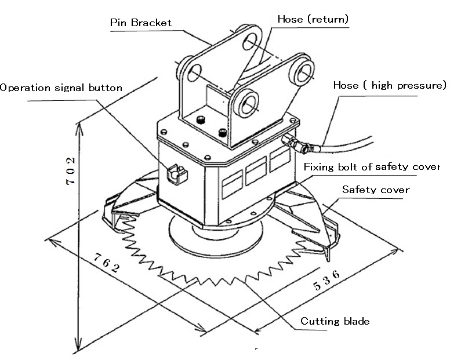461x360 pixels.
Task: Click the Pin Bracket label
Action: pos(140,23)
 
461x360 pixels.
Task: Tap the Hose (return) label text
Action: pos(313,19)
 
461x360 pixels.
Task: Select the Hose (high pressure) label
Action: pos(390,85)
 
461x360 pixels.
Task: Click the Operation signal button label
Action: pos(61,88)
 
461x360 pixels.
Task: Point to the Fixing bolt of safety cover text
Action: pos(372,166)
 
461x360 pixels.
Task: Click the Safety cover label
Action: pos(376,190)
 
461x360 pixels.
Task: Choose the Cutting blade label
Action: pos(335,321)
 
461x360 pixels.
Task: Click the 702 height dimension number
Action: pos(71,171)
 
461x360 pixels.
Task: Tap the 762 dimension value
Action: pos(107,263)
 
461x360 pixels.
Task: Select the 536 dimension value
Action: pos(326,280)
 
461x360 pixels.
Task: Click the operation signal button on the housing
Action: pos(177,174)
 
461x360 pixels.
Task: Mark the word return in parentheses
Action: pos(328,19)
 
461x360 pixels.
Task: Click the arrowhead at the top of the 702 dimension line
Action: pos(79,129)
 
